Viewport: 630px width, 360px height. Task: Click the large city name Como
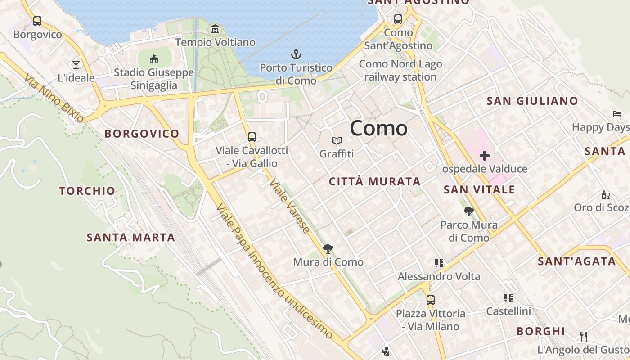378,129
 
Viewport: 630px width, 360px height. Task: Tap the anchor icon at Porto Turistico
296,55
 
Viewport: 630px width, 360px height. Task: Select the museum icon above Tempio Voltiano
215,30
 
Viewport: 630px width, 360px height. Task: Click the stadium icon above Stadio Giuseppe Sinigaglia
154,59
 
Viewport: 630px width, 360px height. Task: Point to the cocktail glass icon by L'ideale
76,65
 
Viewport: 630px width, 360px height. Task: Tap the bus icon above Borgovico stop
37,21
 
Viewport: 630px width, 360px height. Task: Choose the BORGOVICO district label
142,134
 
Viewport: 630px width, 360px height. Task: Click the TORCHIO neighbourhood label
87,191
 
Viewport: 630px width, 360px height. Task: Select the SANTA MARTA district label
130,237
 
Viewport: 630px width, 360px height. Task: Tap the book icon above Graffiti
337,141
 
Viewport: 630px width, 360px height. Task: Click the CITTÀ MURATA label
375,182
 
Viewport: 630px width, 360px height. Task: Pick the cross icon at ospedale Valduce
484,156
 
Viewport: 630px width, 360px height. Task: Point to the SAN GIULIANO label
532,101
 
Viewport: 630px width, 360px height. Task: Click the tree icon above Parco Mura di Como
468,211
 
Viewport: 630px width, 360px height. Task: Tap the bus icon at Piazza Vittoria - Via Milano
431,300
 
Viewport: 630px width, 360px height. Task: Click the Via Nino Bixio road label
54,99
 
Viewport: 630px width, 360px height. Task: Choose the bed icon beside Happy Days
616,114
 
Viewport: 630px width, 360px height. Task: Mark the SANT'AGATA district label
576,261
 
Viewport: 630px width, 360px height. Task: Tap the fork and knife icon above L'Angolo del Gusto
584,336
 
